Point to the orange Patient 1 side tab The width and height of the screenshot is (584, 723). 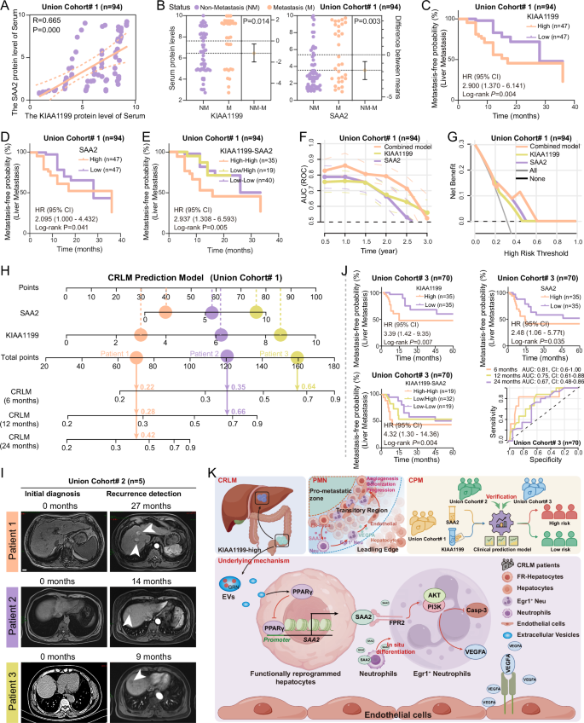coord(11,526)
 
